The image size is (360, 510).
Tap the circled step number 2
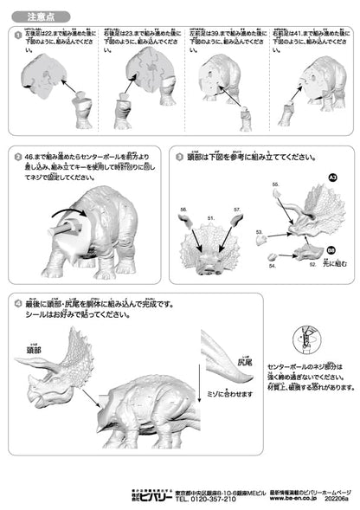coord(18,158)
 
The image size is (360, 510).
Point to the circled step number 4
coord(18,304)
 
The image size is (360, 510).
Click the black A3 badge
coord(331,177)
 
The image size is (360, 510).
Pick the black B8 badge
coord(331,249)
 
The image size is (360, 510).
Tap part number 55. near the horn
coord(275,184)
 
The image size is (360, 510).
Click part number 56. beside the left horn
coord(184,210)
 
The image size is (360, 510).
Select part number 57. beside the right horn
coord(236,210)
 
